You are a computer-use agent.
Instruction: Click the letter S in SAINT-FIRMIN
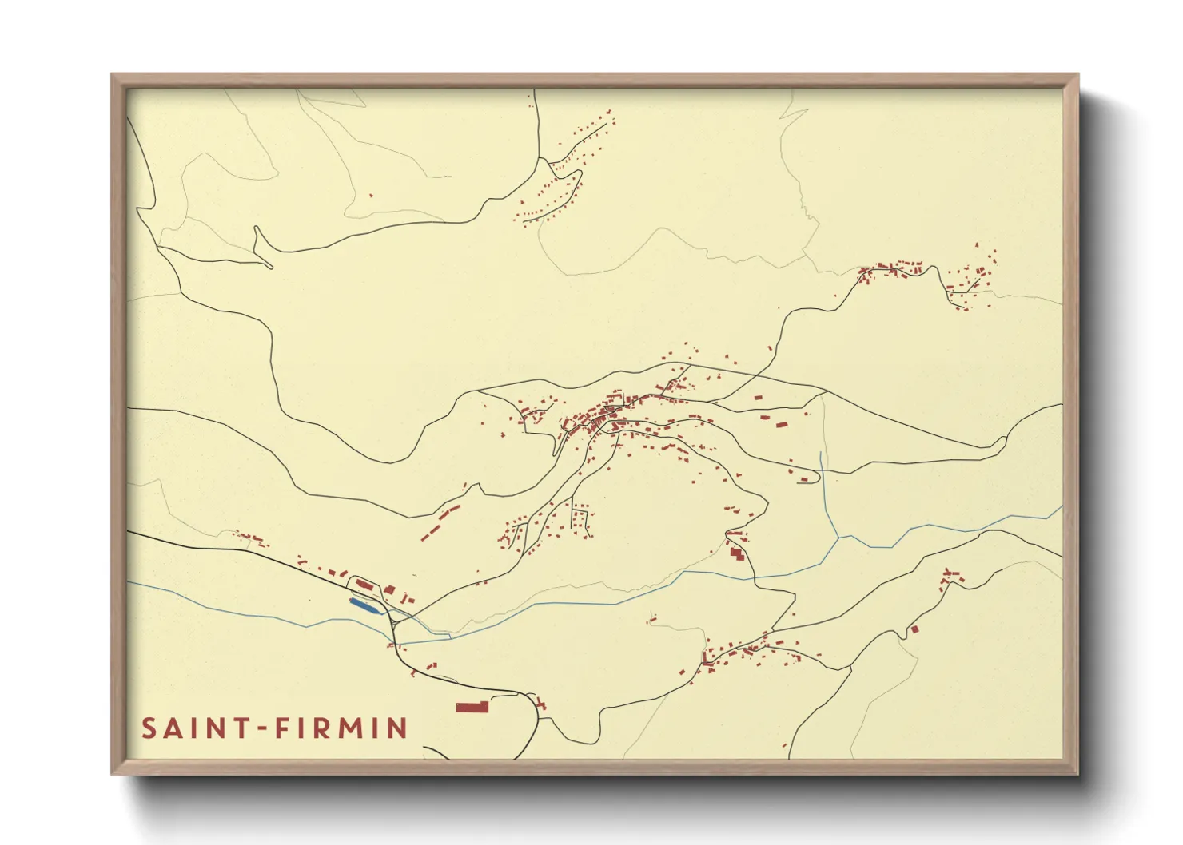pyautogui.click(x=149, y=728)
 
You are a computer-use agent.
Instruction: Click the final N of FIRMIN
pyautogui.click(x=396, y=728)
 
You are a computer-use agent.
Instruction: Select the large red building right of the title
pyautogui.click(x=472, y=707)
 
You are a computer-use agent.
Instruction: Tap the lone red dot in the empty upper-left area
pyautogui.click(x=370, y=194)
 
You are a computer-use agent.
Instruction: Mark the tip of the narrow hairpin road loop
pyautogui.click(x=256, y=229)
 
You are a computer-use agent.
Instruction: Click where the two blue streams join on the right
pyautogui.click(x=838, y=538)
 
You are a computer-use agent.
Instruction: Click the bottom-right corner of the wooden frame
pyautogui.click(x=1074, y=771)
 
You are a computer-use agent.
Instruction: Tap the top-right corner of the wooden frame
pyautogui.click(x=1074, y=77)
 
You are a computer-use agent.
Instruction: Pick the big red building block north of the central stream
pyautogui.click(x=736, y=552)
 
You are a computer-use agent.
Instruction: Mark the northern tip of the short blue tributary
pyautogui.click(x=821, y=454)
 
